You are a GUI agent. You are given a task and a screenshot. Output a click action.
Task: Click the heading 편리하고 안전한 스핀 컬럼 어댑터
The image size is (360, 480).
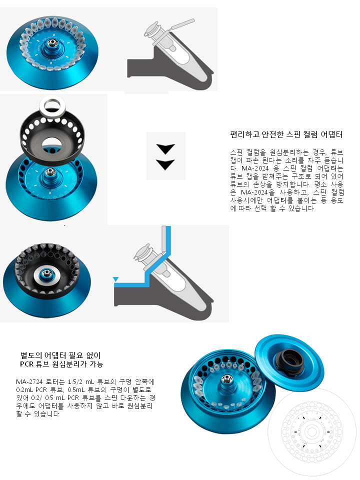click(x=286, y=134)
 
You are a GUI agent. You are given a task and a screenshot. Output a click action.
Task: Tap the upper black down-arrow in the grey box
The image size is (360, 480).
click(x=165, y=148)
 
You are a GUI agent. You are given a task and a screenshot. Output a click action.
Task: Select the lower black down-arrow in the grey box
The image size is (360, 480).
click(x=165, y=164)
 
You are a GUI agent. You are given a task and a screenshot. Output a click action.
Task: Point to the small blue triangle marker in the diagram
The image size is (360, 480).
click(x=115, y=279)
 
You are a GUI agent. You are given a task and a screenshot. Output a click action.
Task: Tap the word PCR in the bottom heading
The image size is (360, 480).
click(x=26, y=364)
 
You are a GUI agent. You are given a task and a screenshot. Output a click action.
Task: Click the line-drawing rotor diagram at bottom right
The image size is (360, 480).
click(x=312, y=432)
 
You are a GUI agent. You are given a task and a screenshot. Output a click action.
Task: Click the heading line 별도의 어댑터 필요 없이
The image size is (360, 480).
click(x=60, y=355)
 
